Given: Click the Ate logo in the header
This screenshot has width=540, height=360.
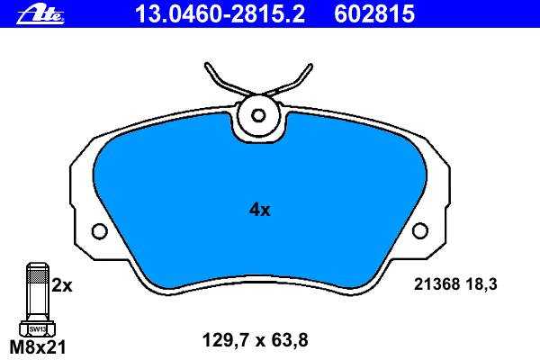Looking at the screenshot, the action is pos(40,14).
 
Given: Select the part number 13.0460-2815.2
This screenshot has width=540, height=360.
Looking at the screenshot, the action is pos(220,14).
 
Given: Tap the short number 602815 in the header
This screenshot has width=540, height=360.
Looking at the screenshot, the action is pos(374,14).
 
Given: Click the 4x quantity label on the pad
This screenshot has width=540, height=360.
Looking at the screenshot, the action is pos(260,210).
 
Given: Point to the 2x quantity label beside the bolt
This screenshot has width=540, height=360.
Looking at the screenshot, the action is pos(62,285).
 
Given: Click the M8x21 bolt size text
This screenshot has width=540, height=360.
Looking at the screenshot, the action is pos(38,347).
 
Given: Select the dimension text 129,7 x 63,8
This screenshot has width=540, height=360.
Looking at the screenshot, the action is pos(256,340).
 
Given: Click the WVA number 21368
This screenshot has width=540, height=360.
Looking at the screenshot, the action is pos(436,284).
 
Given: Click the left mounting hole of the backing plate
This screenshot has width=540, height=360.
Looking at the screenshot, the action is pos(100,230).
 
